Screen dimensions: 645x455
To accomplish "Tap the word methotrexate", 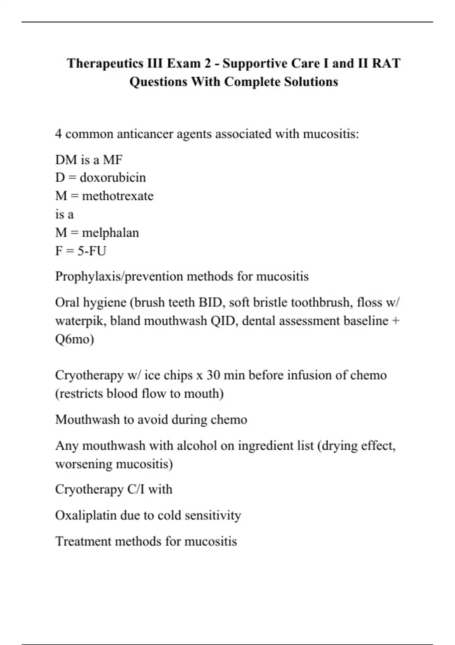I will (x=118, y=196).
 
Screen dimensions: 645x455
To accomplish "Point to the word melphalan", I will (x=110, y=232).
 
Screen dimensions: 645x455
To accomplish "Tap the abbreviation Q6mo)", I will (x=75, y=339).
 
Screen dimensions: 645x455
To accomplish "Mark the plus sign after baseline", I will (x=395, y=321).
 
